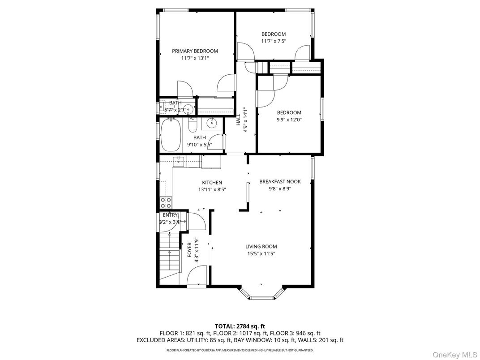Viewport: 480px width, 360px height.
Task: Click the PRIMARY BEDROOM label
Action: tap(195, 51)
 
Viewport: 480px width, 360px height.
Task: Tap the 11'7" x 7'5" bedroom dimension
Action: tap(274, 41)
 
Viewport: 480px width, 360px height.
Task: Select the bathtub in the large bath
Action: tap(171, 135)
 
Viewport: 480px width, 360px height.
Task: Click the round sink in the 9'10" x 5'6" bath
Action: tap(211, 123)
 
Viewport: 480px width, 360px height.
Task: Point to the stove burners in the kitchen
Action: tap(166, 202)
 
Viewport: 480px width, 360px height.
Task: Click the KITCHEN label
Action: tap(212, 183)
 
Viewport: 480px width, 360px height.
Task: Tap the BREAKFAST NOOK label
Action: tap(280, 181)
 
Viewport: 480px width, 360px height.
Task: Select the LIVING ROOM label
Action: tap(261, 246)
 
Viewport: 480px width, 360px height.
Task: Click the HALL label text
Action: tap(238, 120)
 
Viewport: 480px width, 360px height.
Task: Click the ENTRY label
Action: tap(170, 215)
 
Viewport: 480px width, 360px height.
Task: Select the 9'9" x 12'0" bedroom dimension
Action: tap(289, 120)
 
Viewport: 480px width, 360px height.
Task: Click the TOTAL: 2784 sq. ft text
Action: tap(240, 326)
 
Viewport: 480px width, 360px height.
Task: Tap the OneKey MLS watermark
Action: tap(455, 355)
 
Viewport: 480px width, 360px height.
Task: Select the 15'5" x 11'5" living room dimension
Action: tap(261, 253)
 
